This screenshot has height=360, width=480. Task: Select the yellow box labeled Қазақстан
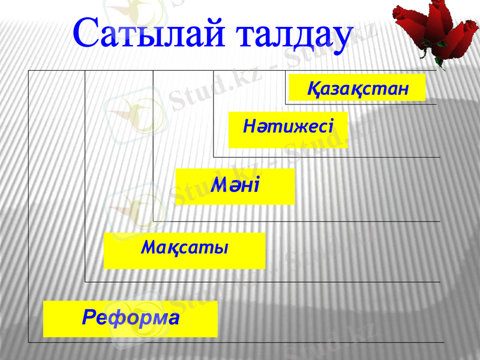click(357, 88)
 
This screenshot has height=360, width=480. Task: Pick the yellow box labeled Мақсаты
click(184, 250)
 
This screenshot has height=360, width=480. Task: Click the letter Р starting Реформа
click(88, 316)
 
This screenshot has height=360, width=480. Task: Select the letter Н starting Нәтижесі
click(249, 127)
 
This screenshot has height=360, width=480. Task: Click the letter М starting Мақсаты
click(148, 247)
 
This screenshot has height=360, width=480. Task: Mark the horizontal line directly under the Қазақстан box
click(360, 104)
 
